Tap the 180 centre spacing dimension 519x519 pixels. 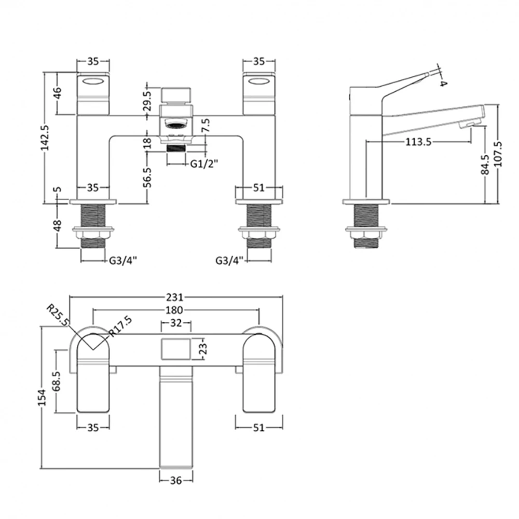pos(175,310)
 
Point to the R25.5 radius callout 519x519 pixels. pos(58,316)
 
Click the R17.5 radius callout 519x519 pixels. pos(121,327)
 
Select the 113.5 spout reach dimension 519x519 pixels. pos(418,143)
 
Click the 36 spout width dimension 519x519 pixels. pos(175,481)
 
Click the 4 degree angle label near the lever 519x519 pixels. pos(443,83)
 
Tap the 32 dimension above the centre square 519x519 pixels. pos(175,323)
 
